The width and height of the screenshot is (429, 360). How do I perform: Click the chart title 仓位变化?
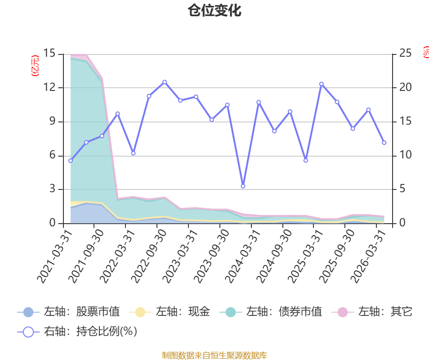pos(214,11)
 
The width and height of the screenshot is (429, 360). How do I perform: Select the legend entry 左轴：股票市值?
pos(68,312)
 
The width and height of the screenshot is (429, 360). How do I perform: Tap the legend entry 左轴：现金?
pos(170,312)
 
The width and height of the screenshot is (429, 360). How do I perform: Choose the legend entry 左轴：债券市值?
pos(271,312)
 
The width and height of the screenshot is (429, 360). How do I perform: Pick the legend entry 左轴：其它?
pos(372,312)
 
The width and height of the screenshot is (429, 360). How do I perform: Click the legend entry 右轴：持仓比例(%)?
pos(77,332)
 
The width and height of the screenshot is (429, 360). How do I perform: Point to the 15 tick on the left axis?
pos(49,53)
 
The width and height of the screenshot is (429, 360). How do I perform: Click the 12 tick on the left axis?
pos(49,87)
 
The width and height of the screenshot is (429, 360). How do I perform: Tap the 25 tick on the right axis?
pos(406,53)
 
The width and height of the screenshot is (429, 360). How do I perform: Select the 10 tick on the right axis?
pos(406,155)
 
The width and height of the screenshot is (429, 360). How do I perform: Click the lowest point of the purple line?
pos(243,186)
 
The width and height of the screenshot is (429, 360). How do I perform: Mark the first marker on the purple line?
pos(71,161)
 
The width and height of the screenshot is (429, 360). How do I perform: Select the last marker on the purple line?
pos(384,143)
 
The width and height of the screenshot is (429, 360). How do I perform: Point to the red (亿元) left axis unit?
pos(35,65)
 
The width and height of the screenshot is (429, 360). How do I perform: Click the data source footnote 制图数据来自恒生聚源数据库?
pos(214,355)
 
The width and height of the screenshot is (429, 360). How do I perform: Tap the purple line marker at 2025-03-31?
pos(322,84)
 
